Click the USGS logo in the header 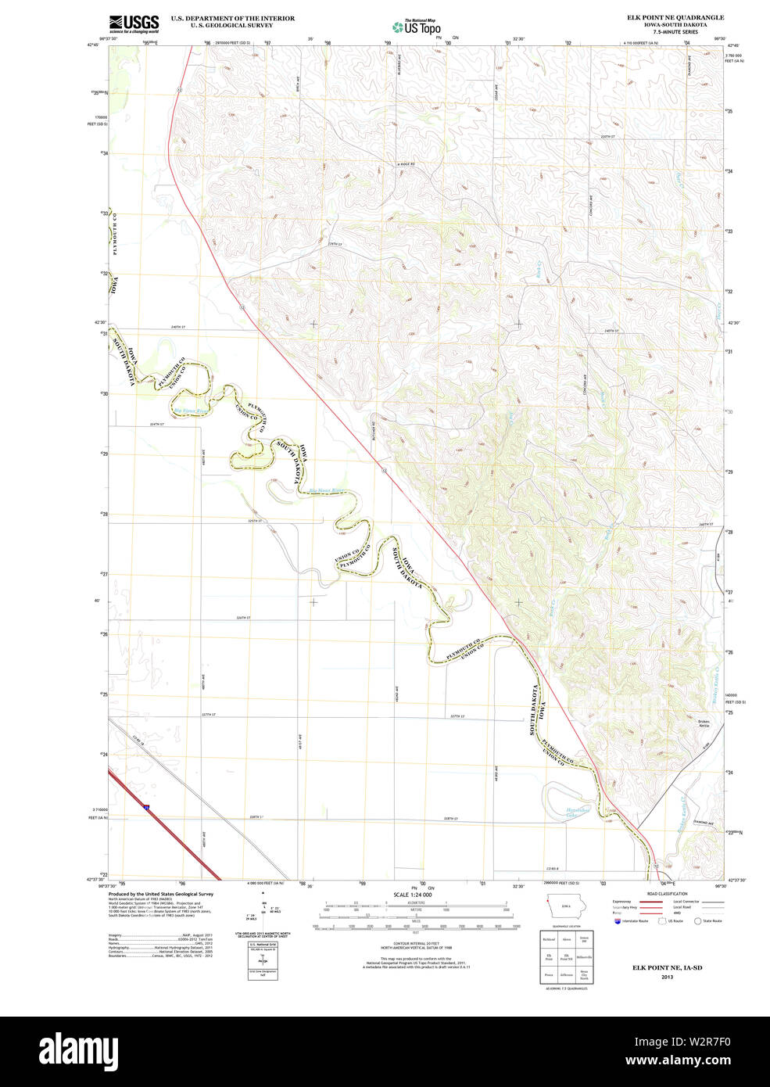134,23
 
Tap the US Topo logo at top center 417,27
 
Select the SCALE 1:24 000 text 414,895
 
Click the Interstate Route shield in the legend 617,921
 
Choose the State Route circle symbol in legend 697,921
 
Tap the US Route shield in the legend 661,921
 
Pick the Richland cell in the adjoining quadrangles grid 549,938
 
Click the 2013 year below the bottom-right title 667,977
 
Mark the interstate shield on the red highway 146,805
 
